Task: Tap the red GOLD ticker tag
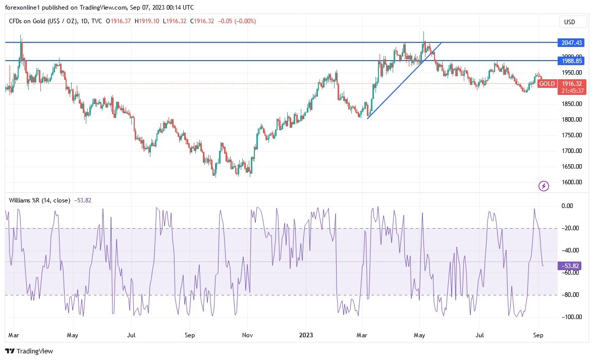coord(547,84)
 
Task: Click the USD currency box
coord(573,22)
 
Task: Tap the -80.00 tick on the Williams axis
coord(571,295)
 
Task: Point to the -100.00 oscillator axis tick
coord(571,317)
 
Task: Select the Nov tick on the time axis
coord(247,334)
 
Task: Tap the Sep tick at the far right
coord(538,334)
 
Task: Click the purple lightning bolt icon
coord(544,186)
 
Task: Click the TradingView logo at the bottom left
coord(29,351)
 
